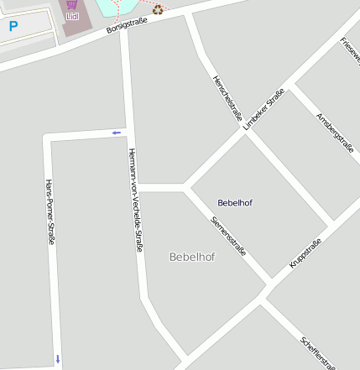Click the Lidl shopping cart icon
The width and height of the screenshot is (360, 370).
coord(72,4)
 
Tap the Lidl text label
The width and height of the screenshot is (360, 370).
coord(72,15)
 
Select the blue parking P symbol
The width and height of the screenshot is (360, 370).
coord(13,27)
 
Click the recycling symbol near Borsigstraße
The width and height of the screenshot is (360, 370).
coord(157,10)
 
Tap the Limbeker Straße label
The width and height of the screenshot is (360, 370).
coord(263,108)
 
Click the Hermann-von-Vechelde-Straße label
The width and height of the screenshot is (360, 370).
coord(134,201)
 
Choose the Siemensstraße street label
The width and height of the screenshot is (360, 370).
coord(228,235)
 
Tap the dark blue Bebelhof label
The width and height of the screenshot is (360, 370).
coord(235,203)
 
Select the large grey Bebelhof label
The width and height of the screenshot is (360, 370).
coord(192,257)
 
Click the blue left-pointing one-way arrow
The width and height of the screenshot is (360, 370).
coord(116,133)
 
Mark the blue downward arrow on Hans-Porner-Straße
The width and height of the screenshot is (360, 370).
coord(58,359)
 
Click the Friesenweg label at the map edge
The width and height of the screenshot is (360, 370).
coord(350,50)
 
